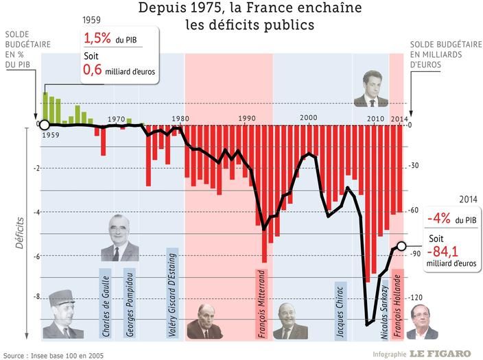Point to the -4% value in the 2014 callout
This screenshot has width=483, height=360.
438,218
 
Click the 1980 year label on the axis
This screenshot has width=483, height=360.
180,119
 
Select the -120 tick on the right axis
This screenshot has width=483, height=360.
416,298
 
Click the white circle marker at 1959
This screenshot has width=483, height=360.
45,125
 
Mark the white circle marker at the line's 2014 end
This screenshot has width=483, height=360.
402,246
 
